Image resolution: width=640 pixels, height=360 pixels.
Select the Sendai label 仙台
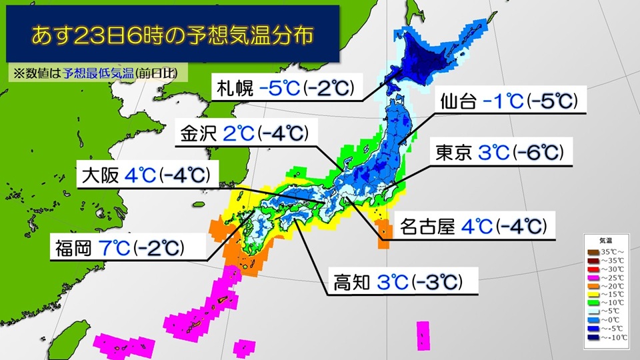click(459, 102)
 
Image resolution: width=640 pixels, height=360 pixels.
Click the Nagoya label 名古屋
click(428, 227)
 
